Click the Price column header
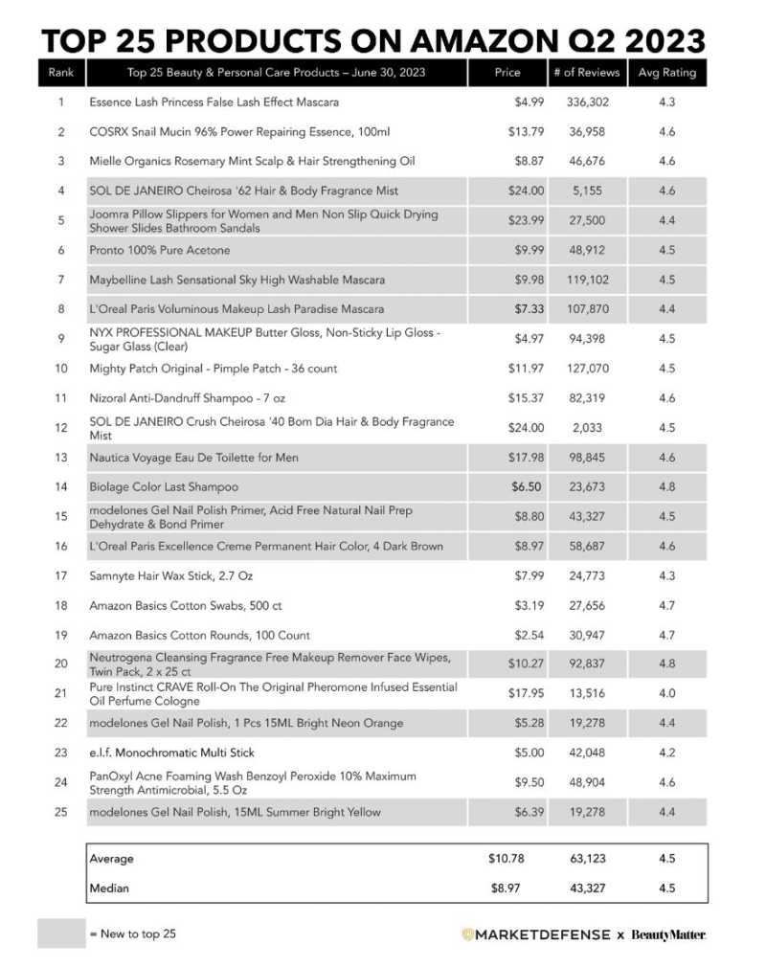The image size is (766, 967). click(x=507, y=72)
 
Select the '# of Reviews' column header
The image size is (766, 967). click(x=586, y=72)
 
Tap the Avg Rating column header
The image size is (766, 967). click(x=667, y=72)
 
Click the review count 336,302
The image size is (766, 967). click(x=586, y=101)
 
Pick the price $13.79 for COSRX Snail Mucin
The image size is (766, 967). click(x=526, y=131)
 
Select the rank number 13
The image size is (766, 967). click(x=60, y=458)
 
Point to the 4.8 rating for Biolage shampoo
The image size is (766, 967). click(x=667, y=486)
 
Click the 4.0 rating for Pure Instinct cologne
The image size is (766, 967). click(x=667, y=693)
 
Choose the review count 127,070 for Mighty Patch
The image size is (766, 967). click(x=586, y=369)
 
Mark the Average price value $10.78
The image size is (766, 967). click(x=507, y=859)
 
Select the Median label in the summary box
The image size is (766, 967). click(x=108, y=888)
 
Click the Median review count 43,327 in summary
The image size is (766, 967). click(x=586, y=888)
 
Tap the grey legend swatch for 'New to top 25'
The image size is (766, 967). click(x=60, y=933)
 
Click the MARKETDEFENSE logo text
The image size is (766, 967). click(x=541, y=934)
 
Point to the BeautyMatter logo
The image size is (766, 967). click(x=668, y=934)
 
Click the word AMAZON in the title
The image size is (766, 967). click(x=444, y=40)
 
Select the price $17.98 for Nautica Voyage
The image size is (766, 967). click(x=526, y=458)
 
